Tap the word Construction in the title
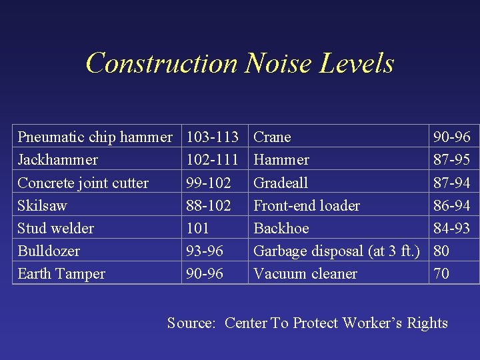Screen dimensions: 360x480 coord(162,63)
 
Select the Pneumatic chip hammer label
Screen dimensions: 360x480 coord(95,137)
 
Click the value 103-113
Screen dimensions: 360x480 coord(213,137)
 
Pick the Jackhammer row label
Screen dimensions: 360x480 coord(57,160)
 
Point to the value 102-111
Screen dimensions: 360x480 coord(213,160)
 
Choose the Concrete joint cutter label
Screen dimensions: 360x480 coord(83,183)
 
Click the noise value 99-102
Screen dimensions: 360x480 coord(209,183)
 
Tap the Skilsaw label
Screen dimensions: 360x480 coord(42,205)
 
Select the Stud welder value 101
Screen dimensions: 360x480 coord(198,228)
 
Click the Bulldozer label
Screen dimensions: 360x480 coord(49,251)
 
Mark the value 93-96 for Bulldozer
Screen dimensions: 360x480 coord(205,251)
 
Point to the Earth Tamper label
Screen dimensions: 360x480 coord(61,273)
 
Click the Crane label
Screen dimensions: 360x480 coord(273,137)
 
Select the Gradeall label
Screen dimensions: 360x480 coord(281,183)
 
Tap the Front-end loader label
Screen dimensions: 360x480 coord(307,205)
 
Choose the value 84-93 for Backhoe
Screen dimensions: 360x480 coord(452,228)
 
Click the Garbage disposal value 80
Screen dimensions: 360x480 coord(441,251)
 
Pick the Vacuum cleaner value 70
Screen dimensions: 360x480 coord(441,273)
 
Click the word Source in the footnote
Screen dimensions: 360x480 coord(191,323)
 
